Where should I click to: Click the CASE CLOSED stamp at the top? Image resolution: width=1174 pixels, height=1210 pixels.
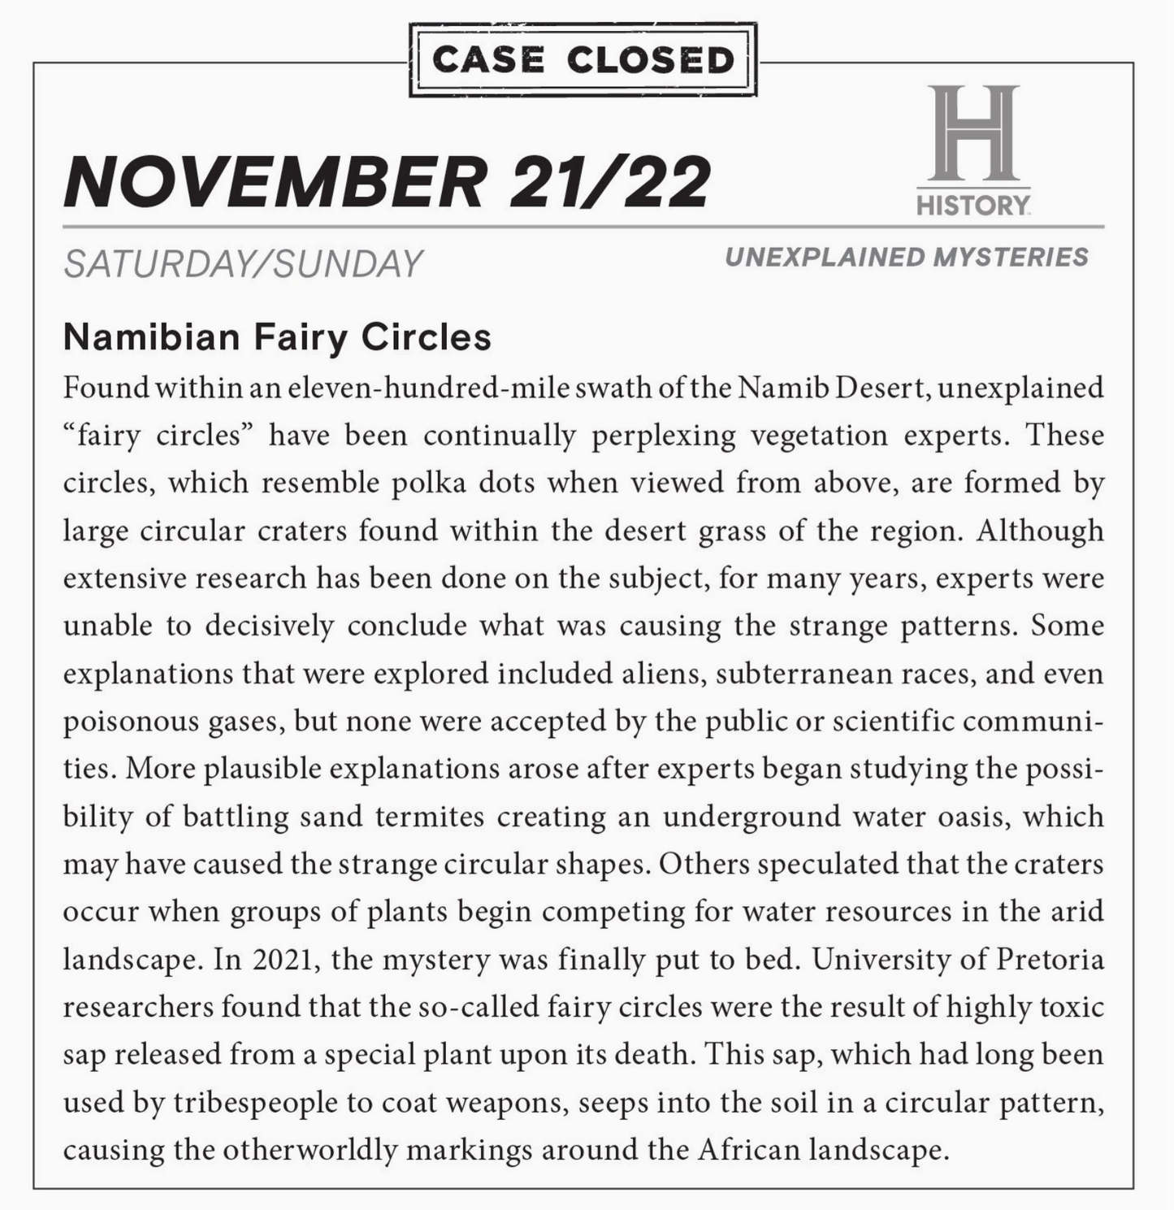tap(583, 59)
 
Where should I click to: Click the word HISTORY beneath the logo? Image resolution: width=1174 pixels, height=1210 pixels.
tap(973, 204)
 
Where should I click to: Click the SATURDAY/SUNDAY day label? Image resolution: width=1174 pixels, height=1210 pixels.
tap(243, 264)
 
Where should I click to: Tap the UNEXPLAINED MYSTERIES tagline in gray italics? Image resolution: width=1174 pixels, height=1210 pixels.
tap(906, 258)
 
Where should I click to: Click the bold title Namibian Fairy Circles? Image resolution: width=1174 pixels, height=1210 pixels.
tap(277, 336)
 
